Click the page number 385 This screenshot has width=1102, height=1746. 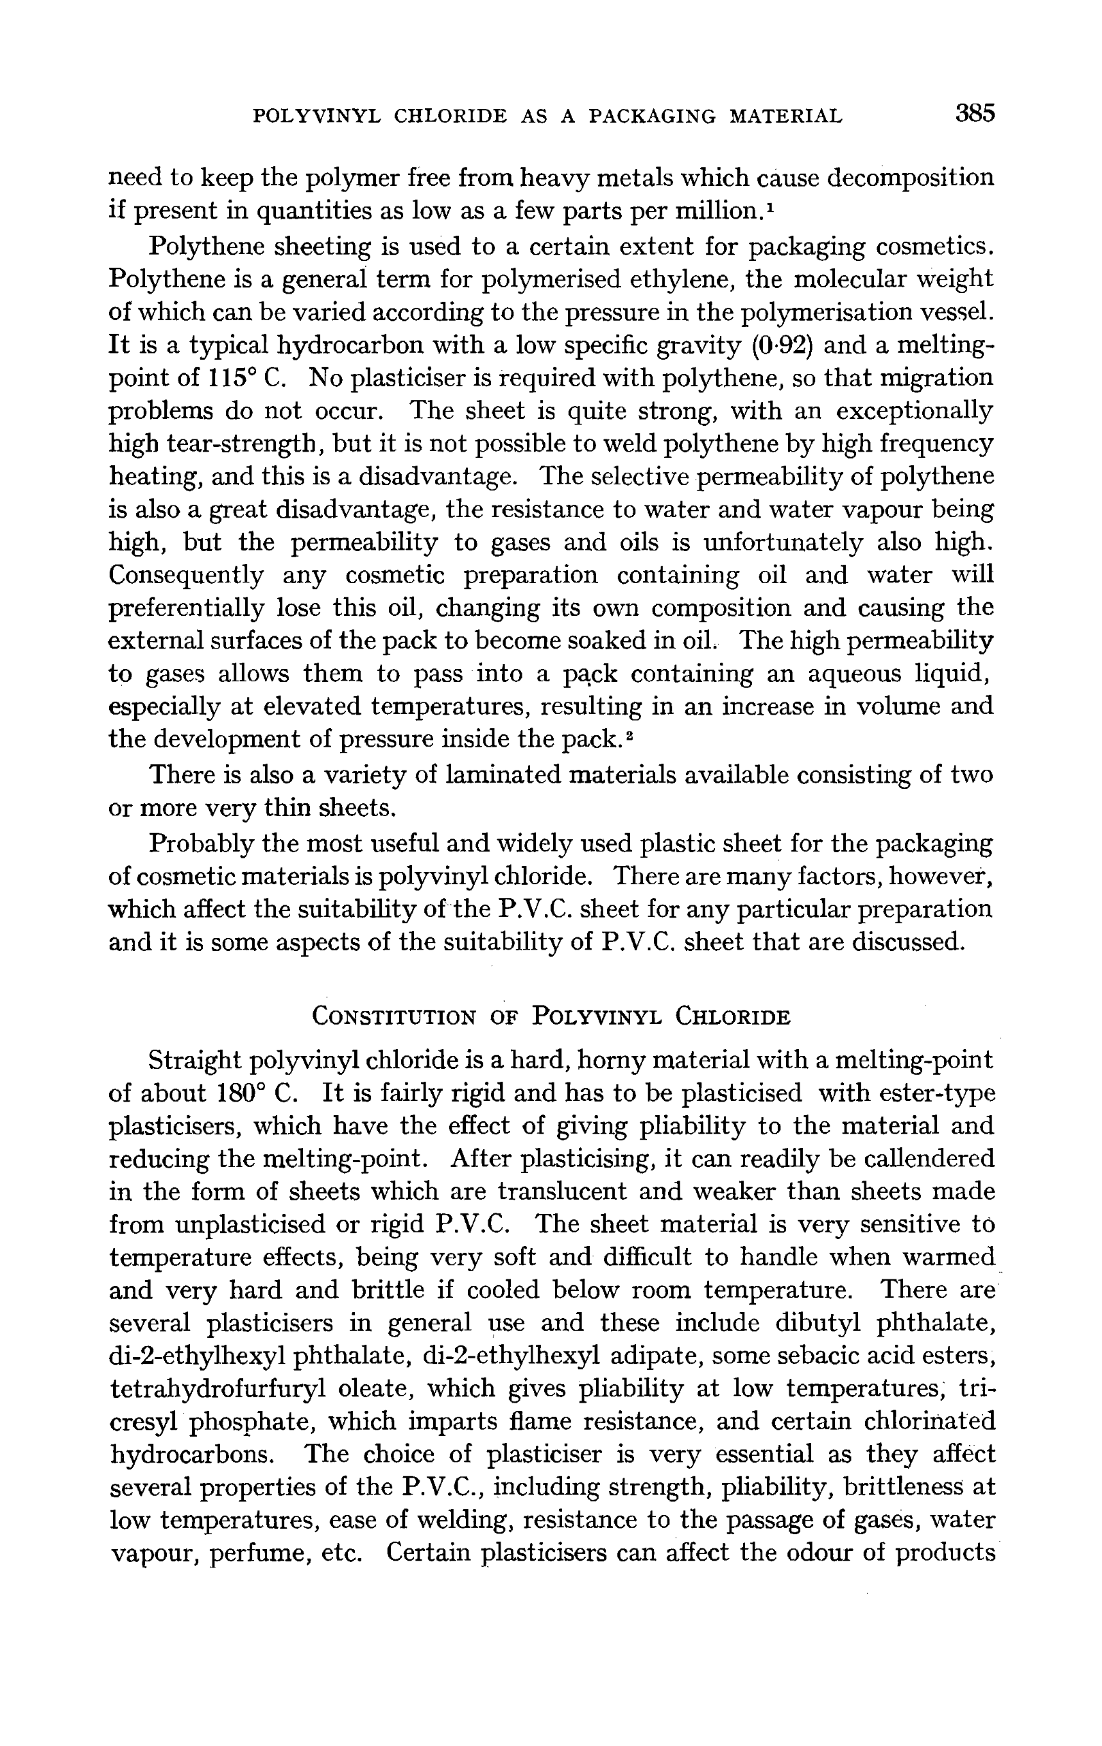click(975, 114)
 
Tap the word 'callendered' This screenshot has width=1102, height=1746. click(931, 1159)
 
